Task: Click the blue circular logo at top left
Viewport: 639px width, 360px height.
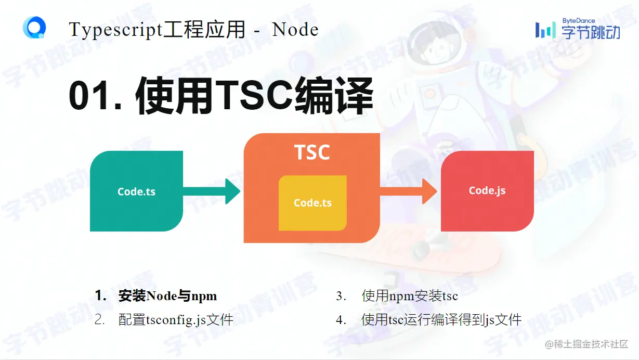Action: tap(34, 28)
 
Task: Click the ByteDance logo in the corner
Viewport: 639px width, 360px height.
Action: tap(578, 29)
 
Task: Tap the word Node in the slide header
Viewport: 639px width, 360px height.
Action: tap(295, 30)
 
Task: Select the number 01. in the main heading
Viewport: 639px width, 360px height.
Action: tap(96, 97)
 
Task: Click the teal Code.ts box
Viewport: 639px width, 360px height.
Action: tap(136, 191)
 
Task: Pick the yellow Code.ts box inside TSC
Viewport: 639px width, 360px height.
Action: tap(312, 203)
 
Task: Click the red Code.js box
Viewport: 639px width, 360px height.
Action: tap(487, 190)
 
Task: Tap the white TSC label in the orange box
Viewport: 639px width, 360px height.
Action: tap(312, 152)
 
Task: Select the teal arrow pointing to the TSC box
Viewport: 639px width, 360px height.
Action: tap(211, 191)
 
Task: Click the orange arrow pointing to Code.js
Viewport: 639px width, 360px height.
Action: tap(408, 191)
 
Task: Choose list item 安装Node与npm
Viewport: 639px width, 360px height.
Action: tap(167, 296)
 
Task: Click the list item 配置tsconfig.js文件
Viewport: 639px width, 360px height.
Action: tap(176, 319)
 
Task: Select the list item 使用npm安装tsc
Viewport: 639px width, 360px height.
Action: tap(410, 296)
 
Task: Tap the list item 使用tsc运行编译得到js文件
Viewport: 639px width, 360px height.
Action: tap(441, 319)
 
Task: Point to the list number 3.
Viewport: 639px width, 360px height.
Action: tap(341, 296)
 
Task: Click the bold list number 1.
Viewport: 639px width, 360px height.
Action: tap(100, 296)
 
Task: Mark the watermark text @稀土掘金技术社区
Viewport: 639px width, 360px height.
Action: tap(586, 344)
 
